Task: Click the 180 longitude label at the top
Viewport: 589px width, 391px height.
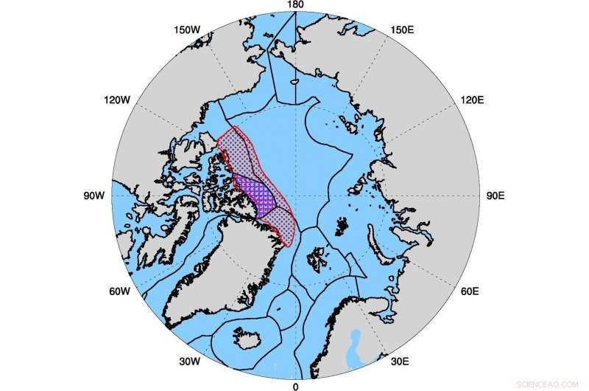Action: pyautogui.click(x=294, y=5)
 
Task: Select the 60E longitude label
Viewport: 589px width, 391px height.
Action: pyautogui.click(x=470, y=292)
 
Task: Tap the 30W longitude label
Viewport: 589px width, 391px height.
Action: pyautogui.click(x=189, y=361)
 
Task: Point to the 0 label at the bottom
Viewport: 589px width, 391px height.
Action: pyautogui.click(x=295, y=386)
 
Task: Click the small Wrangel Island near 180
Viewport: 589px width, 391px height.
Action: pyautogui.click(x=293, y=83)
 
